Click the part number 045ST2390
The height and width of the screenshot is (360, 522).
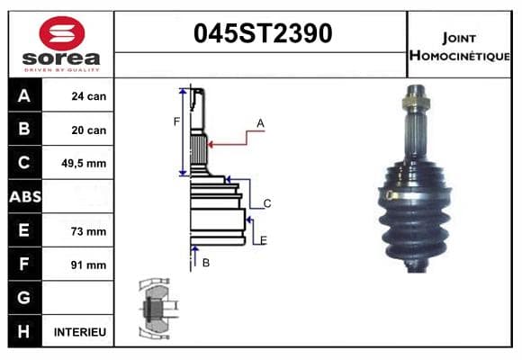coord(263,33)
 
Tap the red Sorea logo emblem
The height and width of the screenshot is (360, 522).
coord(62,33)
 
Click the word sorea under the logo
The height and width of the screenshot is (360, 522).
coord(61,58)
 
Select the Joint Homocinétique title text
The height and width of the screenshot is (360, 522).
coord(459,47)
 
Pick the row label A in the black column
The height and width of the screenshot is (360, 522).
coord(24,96)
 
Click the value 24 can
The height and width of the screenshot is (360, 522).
coord(89,96)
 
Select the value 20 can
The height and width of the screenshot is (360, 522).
coord(89,130)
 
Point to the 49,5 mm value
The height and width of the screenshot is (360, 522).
coord(84,164)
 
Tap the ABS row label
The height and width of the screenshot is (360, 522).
coord(25,197)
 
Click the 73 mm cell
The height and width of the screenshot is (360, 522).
coord(88,231)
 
